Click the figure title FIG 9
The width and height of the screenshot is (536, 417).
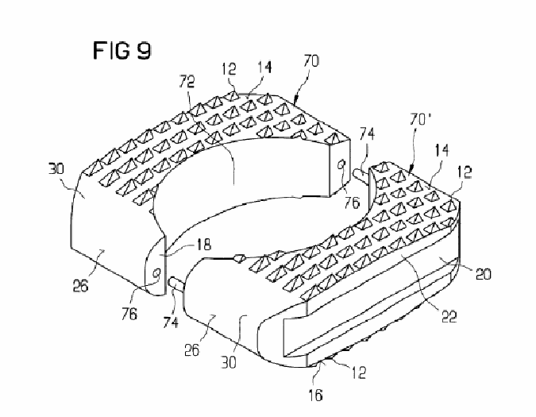[122, 51]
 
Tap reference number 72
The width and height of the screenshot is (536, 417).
[187, 82]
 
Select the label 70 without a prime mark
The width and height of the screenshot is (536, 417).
[311, 61]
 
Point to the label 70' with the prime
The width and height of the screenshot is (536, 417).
[420, 120]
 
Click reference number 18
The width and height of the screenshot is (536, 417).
[203, 245]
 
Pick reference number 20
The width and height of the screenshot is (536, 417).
[484, 274]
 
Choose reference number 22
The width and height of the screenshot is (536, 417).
[449, 317]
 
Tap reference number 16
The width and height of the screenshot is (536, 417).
[315, 395]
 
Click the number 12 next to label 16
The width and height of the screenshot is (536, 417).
[359, 373]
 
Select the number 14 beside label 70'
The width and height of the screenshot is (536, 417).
[442, 150]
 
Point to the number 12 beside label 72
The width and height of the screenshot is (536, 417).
[229, 68]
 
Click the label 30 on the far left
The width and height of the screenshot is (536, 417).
[56, 168]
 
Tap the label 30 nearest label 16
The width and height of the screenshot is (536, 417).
[229, 362]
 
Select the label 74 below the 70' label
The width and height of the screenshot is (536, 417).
[367, 133]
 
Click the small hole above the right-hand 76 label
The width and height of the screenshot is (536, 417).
[341, 165]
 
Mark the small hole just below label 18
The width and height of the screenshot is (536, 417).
[156, 273]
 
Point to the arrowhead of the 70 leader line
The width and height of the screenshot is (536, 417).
[296, 100]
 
